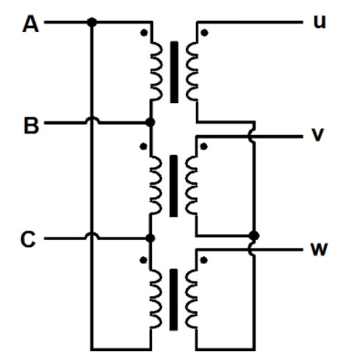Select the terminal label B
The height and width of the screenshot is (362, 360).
tap(29, 127)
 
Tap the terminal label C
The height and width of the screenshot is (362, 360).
tap(29, 240)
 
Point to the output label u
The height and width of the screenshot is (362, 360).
tap(318, 20)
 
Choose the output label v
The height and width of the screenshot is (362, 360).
tap(318, 135)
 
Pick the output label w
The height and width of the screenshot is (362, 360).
tap(318, 248)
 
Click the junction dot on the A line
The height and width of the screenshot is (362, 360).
tap(90, 23)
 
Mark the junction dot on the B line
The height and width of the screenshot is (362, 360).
tap(150, 121)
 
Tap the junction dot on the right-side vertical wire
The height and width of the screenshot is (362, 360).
tap(253, 235)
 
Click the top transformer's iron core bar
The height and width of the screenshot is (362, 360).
tap(173, 71)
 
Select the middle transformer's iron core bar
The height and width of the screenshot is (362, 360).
tap(173, 184)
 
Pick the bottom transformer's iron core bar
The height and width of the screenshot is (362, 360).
tap(173, 297)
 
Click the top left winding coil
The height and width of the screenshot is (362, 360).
tap(154, 71)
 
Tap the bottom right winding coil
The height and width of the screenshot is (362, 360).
tap(191, 297)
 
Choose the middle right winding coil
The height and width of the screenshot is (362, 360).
tap(191, 184)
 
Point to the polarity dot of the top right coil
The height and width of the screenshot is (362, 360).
tap(204, 34)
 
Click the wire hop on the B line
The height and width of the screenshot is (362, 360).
tap(90, 120)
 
